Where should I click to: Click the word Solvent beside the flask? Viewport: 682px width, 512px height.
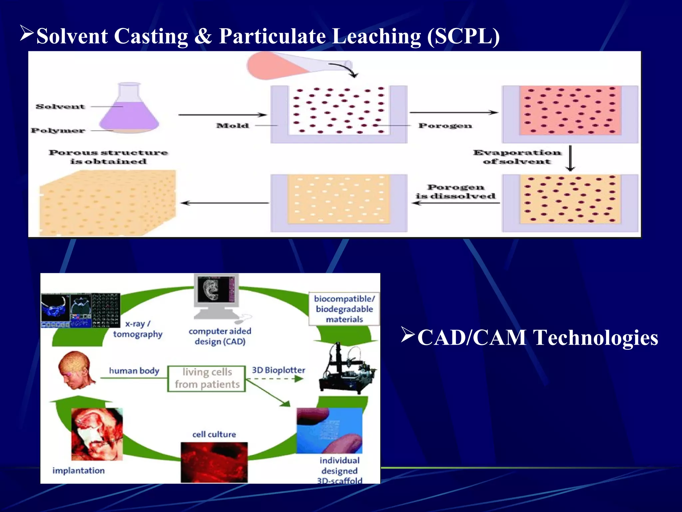tap(60, 107)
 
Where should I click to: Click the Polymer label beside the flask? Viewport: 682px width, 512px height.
tap(58, 130)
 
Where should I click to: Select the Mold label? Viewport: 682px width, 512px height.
tap(232, 126)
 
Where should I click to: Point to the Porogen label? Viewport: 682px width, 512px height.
tap(445, 126)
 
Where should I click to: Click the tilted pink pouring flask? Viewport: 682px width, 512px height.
tap(293, 66)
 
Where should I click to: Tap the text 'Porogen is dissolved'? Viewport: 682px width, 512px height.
tap(455, 192)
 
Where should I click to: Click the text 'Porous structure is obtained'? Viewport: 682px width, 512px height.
tap(109, 157)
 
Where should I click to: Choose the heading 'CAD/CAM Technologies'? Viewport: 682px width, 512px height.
tap(537, 338)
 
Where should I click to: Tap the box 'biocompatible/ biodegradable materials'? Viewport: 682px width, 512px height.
tap(344, 309)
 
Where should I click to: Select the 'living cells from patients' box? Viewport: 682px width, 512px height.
tap(207, 378)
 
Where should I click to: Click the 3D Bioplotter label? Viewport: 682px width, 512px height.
tap(278, 370)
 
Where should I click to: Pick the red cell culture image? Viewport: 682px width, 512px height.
tap(214, 462)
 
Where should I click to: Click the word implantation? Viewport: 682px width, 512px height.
tap(79, 470)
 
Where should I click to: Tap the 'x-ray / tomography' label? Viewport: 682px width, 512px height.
tap(138, 329)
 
